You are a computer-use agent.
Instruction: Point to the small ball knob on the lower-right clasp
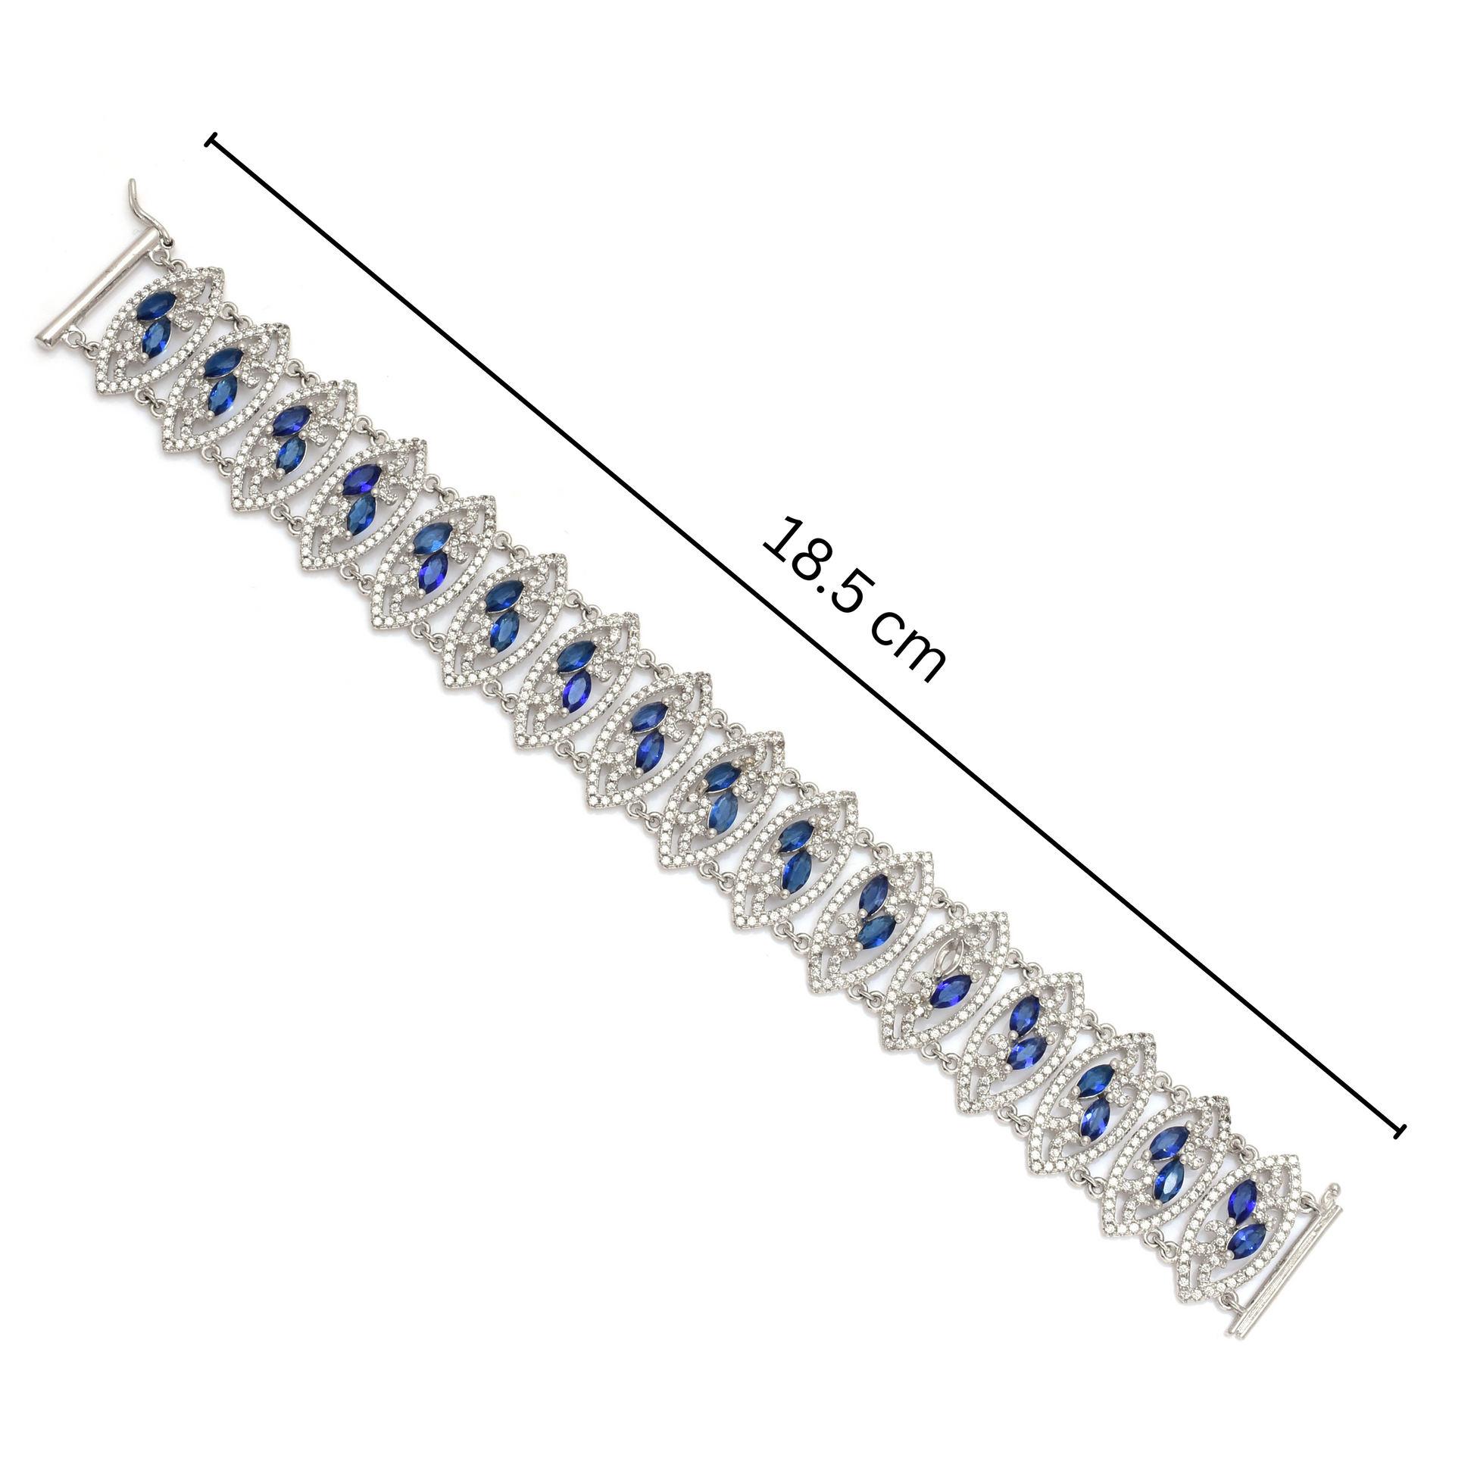click(1335, 1188)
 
